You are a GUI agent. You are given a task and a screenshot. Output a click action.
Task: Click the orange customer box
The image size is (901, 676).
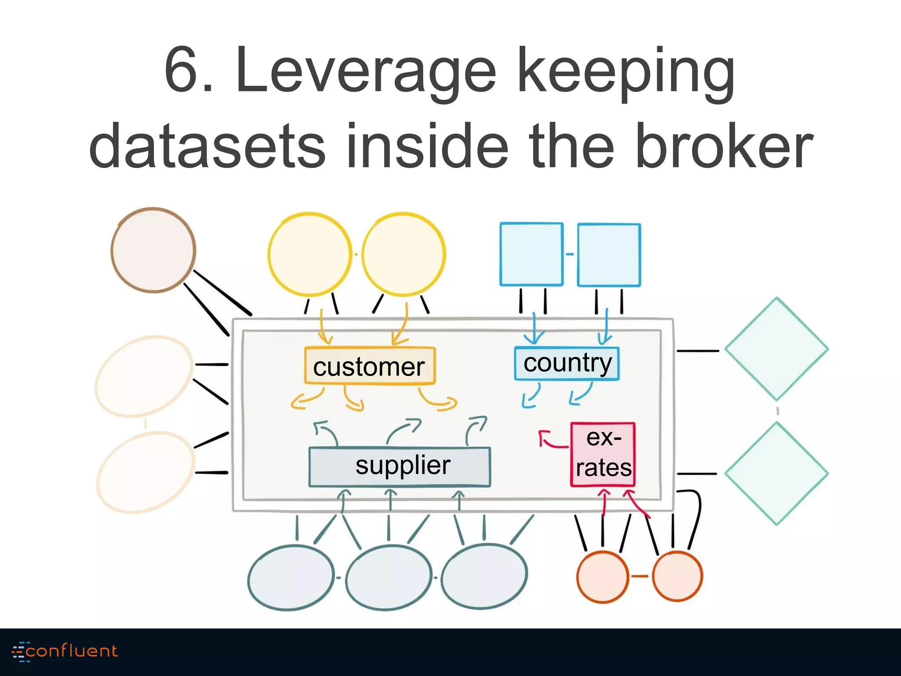370,366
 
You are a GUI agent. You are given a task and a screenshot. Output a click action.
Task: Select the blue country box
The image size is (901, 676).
567,364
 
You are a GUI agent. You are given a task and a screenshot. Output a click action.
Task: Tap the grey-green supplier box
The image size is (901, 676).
399,467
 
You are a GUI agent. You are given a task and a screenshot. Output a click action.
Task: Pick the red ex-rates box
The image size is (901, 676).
603,454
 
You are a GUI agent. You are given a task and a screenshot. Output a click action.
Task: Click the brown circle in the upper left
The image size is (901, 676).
153,250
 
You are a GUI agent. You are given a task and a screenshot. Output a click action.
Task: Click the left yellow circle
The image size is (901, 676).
309,254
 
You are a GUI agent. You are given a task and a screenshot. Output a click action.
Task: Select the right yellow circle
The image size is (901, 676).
403,254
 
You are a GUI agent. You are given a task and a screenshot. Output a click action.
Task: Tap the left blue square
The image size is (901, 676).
531,254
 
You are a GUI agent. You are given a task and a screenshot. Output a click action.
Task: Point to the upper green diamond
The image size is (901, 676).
776,349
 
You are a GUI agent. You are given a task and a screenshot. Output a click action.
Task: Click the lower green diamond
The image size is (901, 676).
776,474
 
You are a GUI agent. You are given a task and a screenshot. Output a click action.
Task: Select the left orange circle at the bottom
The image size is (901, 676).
602,576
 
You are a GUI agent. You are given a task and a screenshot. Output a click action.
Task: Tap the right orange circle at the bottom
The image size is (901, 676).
677,576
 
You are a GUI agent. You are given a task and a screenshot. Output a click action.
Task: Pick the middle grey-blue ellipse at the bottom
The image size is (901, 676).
388,577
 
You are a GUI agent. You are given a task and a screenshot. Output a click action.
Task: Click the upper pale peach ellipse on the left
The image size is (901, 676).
143,376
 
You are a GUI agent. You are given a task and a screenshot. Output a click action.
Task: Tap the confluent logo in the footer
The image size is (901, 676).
65,651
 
